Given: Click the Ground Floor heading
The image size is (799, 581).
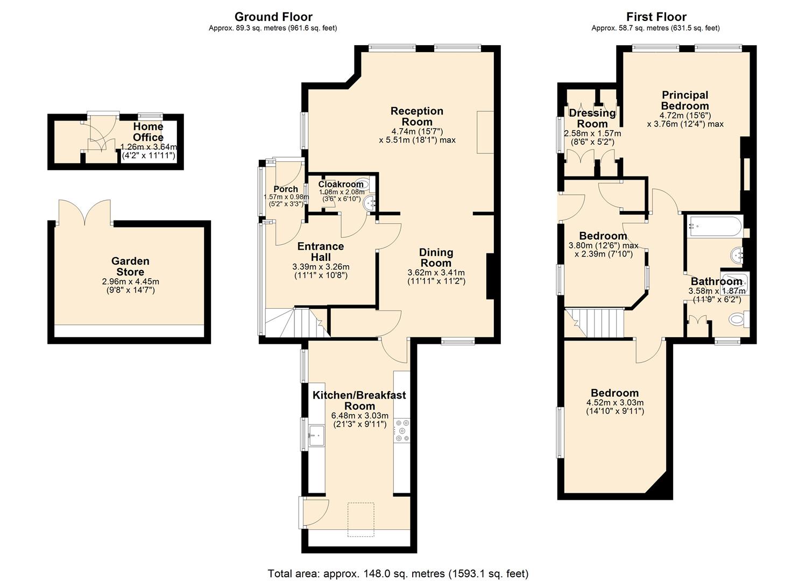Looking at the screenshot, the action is pyautogui.click(x=273, y=17).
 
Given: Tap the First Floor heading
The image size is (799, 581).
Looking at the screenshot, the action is pyautogui.click(x=656, y=17).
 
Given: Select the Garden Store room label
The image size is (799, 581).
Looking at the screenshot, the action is pyautogui.click(x=130, y=266).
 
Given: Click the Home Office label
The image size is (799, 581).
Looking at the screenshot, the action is pyautogui.click(x=149, y=132).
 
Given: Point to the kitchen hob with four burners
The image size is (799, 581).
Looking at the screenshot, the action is pyautogui.click(x=401, y=430).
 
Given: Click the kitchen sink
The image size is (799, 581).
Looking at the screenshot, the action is pyautogui.click(x=316, y=436).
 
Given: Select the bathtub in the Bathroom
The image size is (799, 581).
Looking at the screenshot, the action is pyautogui.click(x=715, y=226).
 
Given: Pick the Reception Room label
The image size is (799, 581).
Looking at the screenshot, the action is pyautogui.click(x=417, y=116).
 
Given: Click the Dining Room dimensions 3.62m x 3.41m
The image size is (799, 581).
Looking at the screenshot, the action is pyautogui.click(x=436, y=273).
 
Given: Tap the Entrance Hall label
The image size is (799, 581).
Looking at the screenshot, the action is pyautogui.click(x=320, y=251).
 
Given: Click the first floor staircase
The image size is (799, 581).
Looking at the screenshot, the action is pyautogui.click(x=594, y=323).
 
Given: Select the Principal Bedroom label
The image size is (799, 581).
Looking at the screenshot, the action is pyautogui.click(x=685, y=101).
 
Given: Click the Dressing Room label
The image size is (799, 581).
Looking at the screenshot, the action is pyautogui.click(x=592, y=118).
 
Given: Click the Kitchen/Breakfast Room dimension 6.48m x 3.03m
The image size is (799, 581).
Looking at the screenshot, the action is pyautogui.click(x=359, y=416).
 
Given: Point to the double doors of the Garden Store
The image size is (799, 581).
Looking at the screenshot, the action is pyautogui.click(x=85, y=212).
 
